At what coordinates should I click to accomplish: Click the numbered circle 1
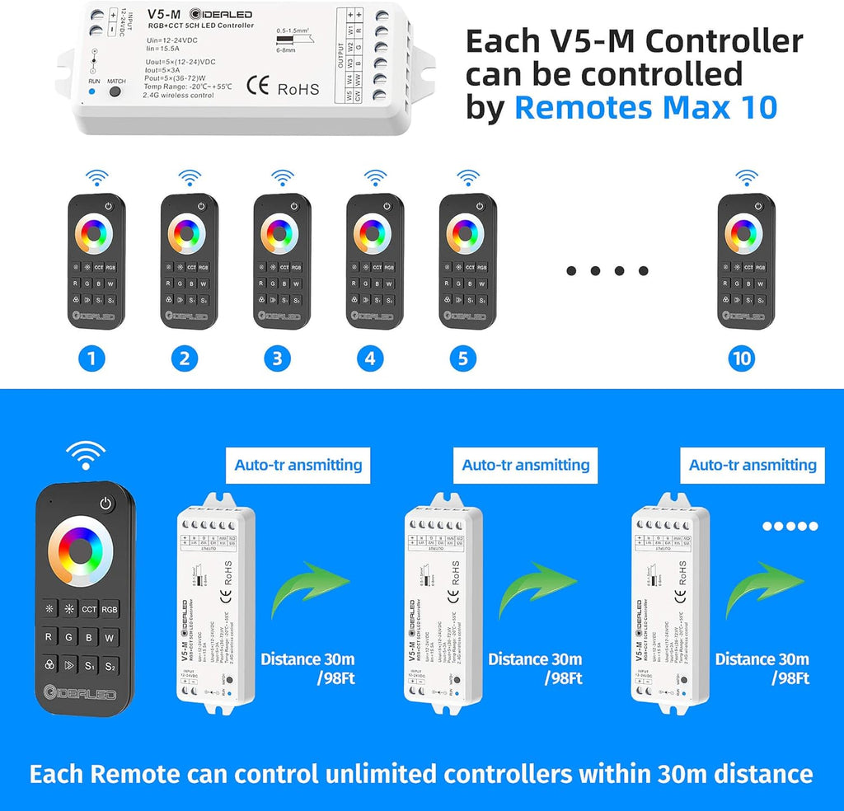pos(91,359)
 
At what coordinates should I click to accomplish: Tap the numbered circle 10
pos(742,359)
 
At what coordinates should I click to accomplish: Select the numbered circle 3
pos(277,359)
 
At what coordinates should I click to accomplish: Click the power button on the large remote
pos(105,504)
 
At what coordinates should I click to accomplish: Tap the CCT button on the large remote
pos(88,609)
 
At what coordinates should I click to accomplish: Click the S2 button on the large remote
pos(110,665)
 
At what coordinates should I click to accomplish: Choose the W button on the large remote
pos(110,637)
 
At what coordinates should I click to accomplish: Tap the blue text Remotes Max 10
pos(645,106)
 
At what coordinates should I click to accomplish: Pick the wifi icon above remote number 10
pos(746,176)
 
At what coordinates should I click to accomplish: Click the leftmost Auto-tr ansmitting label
pos(298,465)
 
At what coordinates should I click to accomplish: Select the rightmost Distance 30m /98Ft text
pos(762,668)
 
